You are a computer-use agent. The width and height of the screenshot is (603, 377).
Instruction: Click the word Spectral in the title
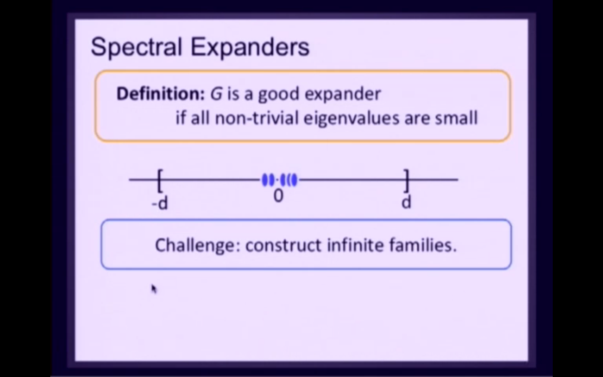[136, 46]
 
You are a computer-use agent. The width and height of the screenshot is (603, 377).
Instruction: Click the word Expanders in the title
[250, 47]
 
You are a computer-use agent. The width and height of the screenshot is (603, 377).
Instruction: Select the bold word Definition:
[160, 94]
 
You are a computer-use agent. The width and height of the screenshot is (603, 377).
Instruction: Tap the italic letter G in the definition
[216, 94]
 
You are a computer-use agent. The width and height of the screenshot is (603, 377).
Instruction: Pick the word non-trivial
[256, 118]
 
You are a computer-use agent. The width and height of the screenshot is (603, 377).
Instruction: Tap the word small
[456, 118]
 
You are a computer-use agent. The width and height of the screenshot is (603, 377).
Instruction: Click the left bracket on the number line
[160, 180]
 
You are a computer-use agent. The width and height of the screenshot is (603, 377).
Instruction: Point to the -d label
[160, 204]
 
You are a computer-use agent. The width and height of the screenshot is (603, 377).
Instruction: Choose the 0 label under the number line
[278, 196]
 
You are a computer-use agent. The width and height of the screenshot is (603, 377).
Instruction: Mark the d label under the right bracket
[406, 202]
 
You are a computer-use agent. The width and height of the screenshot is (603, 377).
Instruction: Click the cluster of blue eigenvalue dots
[279, 180]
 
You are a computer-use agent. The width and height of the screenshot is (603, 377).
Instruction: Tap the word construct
[283, 245]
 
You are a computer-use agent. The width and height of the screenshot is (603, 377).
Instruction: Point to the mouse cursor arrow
[154, 289]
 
